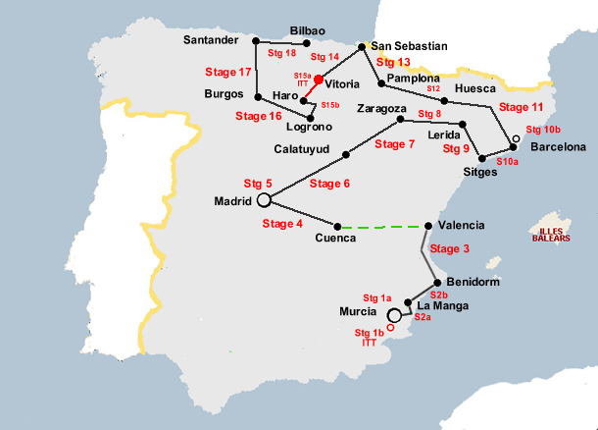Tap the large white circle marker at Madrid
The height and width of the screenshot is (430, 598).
(x=263, y=200)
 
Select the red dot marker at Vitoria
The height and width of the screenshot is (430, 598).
(x=319, y=80)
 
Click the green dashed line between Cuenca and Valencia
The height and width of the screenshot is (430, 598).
(x=382, y=227)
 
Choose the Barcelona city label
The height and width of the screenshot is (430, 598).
(x=558, y=147)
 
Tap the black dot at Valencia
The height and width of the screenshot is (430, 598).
(x=428, y=226)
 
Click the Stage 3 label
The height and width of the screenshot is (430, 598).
(x=450, y=248)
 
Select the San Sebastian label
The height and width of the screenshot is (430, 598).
(x=409, y=45)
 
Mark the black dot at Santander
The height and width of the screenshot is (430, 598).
(x=255, y=41)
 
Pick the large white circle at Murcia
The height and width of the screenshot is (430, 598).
(x=394, y=315)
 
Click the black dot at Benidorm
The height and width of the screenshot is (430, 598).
(x=437, y=282)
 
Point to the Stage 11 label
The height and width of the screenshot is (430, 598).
(x=521, y=107)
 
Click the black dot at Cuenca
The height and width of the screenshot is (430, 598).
(x=338, y=225)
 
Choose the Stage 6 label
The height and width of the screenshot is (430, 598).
(x=329, y=184)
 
